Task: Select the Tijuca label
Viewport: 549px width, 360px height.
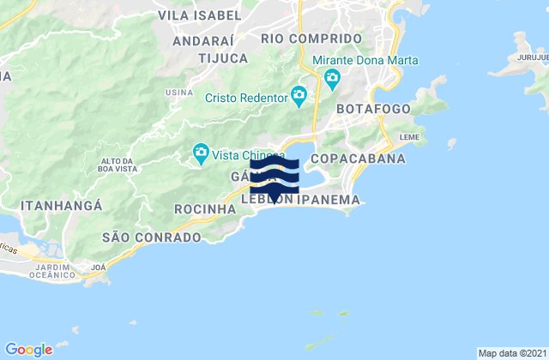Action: tap(222, 58)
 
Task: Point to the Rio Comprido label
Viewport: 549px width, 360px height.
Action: tap(311, 39)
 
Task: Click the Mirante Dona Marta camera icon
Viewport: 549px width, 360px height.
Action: tap(333, 80)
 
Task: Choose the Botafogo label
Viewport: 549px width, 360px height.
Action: tap(374, 110)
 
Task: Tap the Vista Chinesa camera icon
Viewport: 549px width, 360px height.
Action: tap(200, 154)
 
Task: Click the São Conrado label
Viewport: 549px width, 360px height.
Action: tap(151, 235)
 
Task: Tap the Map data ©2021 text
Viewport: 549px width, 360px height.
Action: tap(510, 353)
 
